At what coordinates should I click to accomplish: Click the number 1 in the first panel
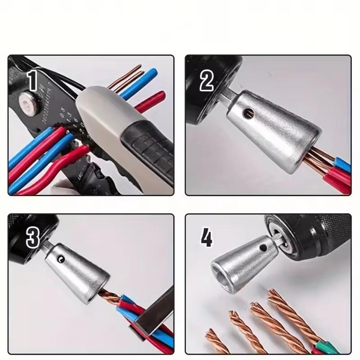32,81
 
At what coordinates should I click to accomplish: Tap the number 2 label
207,81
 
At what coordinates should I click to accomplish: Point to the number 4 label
206,238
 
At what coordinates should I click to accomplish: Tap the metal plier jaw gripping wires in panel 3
155,310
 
